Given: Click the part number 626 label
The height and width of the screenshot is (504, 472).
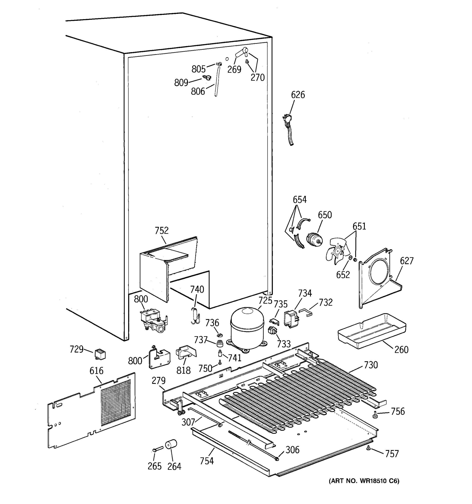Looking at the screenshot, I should (298, 95).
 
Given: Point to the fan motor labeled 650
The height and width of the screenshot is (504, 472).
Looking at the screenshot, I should (314, 240).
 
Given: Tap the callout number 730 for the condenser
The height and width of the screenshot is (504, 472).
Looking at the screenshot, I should (371, 365).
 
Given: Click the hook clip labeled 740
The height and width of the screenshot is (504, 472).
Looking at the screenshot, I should (195, 316).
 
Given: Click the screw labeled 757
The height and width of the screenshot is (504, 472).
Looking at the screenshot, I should (369, 449).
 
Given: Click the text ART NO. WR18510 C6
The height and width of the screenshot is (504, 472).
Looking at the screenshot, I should (364, 481).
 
